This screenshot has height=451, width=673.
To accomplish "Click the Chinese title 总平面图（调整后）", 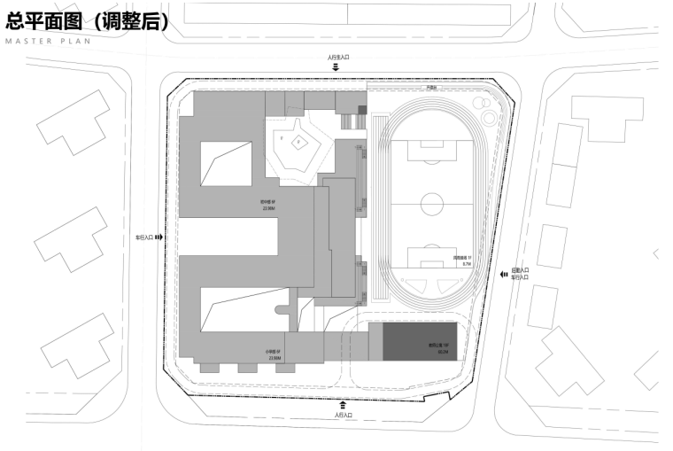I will click(86, 21).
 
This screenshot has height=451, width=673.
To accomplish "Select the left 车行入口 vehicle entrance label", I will click(144, 237).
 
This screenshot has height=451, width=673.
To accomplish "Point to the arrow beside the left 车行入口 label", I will click(159, 237).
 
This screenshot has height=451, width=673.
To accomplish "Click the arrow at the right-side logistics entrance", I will click(503, 275).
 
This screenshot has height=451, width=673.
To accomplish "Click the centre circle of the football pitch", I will click(430, 205).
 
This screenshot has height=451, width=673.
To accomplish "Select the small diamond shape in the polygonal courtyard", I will click(299, 141).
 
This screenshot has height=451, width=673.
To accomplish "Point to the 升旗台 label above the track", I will click(431, 88).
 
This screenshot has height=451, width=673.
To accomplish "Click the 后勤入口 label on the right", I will click(521, 270).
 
